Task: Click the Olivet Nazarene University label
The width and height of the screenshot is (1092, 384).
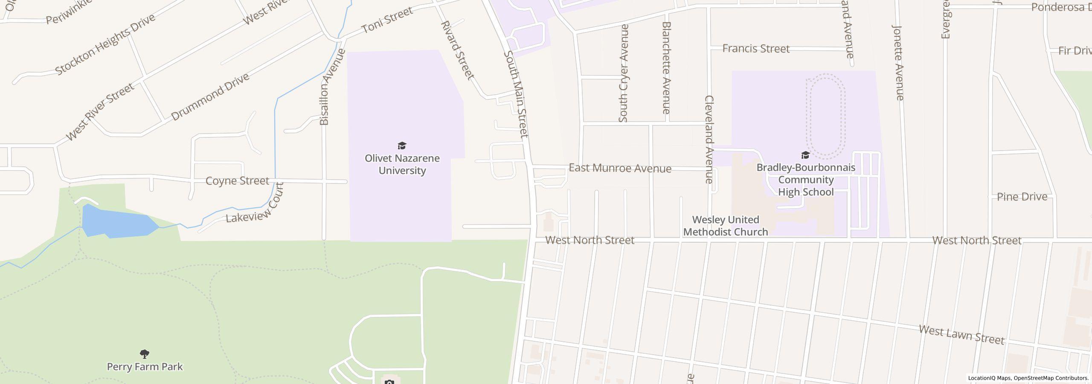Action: coord(402,164)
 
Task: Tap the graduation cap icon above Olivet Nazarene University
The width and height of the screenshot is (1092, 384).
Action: coord(402,145)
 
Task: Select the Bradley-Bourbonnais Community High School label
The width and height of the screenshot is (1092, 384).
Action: coord(805,180)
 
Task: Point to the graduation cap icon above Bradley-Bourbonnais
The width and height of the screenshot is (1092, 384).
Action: coord(805,155)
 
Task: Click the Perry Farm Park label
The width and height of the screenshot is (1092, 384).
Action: coord(145,367)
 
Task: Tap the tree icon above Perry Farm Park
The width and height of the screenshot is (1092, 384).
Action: coord(145,354)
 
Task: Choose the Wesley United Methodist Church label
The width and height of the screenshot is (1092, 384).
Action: coord(726,226)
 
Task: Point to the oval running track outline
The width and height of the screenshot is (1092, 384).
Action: coord(825,114)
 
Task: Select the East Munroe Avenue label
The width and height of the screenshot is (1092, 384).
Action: coord(620,169)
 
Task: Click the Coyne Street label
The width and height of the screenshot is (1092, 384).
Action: coord(237,181)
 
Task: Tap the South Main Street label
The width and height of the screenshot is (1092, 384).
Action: coord(516,95)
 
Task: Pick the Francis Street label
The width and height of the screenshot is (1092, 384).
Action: coord(756,49)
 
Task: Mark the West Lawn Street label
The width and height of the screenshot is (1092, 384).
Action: coord(961,335)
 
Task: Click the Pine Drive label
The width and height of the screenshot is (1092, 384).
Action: coord(1022,197)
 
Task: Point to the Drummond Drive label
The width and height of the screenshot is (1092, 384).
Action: coord(210,97)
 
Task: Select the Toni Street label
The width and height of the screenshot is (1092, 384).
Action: coord(387,20)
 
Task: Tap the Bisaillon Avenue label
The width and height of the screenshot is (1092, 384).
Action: coord(327,87)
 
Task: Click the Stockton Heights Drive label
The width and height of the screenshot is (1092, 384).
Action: coord(105,44)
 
